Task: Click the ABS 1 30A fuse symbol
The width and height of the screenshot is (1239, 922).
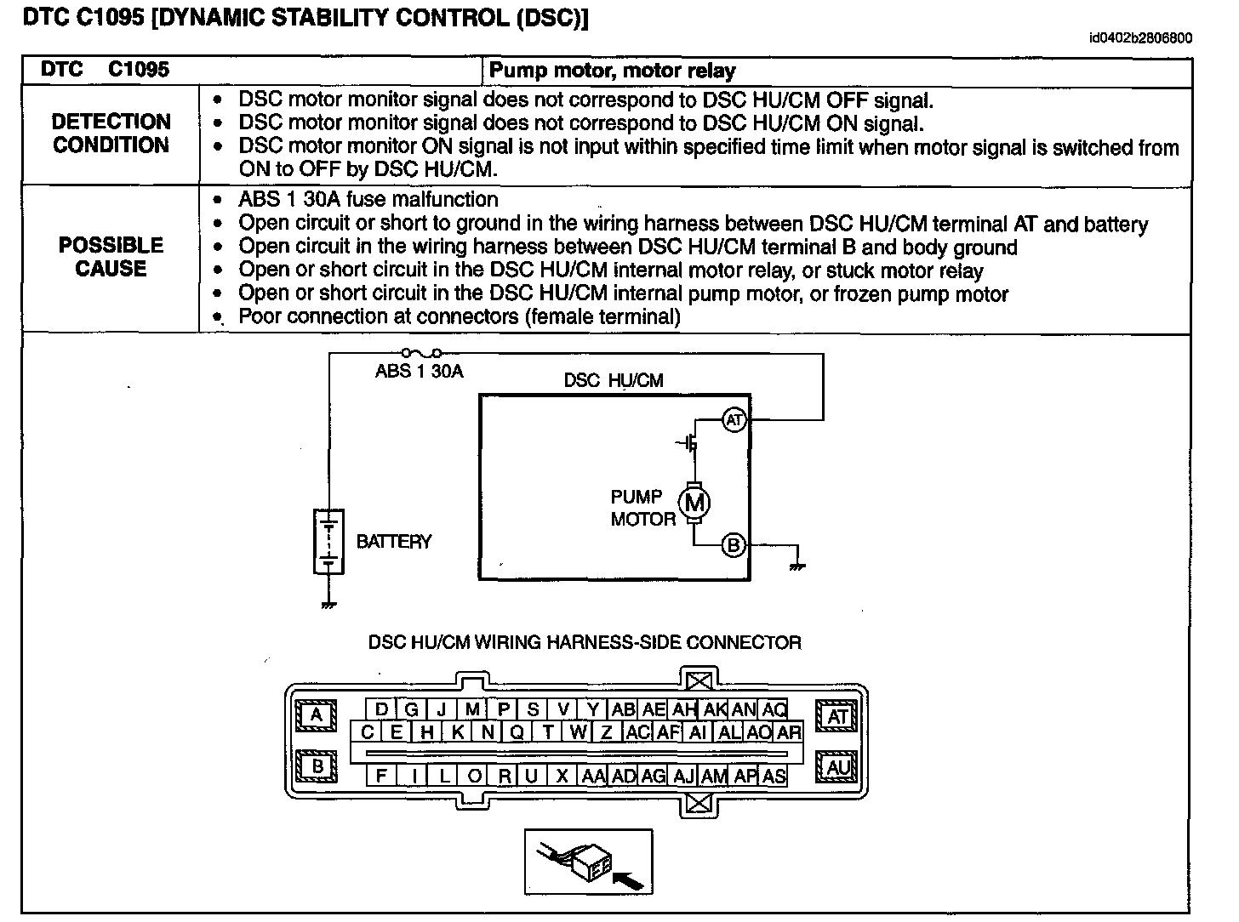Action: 421,352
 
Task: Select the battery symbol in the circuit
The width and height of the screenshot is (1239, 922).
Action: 328,541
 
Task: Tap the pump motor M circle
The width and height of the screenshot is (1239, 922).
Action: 694,503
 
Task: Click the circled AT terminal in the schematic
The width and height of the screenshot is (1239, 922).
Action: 734,419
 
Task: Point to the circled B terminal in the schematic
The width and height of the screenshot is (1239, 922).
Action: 733,545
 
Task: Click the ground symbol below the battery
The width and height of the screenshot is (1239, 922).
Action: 328,604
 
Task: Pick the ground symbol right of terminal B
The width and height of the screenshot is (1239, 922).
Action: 796,564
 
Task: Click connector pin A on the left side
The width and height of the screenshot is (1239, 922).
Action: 317,715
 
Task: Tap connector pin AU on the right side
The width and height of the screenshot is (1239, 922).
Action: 838,768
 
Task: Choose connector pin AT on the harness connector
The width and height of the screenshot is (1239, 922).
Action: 838,717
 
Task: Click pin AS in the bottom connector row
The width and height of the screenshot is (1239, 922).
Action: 774,775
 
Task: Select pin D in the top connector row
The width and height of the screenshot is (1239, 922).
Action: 381,709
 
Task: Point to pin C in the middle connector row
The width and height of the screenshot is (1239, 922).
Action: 367,731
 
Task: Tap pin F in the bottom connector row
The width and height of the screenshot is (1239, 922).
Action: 381,775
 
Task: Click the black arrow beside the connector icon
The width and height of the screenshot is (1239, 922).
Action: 630,877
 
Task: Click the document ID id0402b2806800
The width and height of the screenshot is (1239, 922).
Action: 1140,38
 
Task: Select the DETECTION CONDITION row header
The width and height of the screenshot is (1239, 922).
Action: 111,134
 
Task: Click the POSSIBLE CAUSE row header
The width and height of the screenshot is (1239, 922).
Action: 111,257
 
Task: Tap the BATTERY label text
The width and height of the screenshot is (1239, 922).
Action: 393,542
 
